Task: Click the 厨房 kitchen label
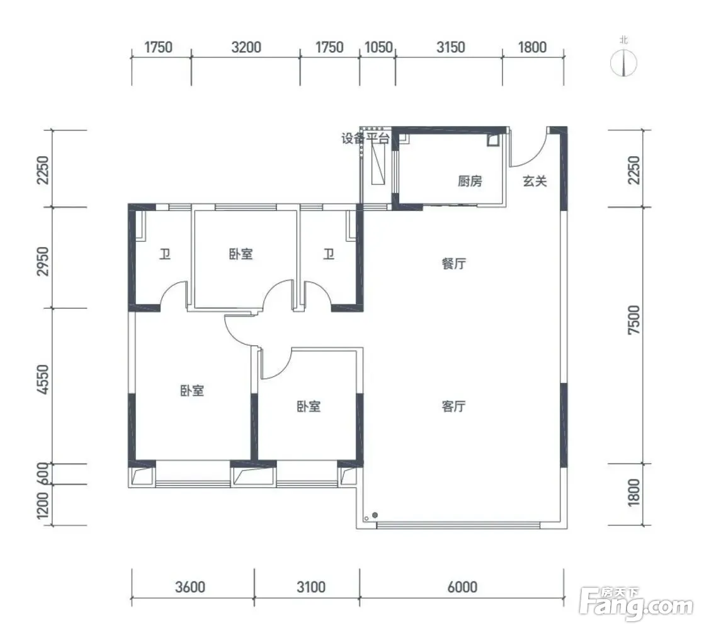pyautogui.click(x=470, y=181)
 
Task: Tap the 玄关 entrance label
pyautogui.click(x=535, y=181)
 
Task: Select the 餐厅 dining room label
pyautogui.click(x=453, y=263)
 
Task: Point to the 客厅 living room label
pyautogui.click(x=453, y=406)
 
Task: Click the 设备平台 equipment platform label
pyautogui.click(x=365, y=138)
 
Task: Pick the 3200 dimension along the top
pyautogui.click(x=246, y=47)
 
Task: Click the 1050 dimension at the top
pyautogui.click(x=378, y=47)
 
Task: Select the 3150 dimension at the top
pyautogui.click(x=451, y=47)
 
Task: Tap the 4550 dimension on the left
pyautogui.click(x=43, y=380)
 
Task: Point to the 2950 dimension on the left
pyautogui.click(x=43, y=261)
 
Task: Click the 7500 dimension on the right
pyautogui.click(x=633, y=319)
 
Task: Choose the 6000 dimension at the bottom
pyautogui.click(x=462, y=587)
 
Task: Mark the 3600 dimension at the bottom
pyautogui.click(x=190, y=587)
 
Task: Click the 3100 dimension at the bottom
pyautogui.click(x=311, y=587)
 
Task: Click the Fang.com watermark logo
pyautogui.click(x=636, y=604)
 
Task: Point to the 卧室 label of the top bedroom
pyautogui.click(x=241, y=254)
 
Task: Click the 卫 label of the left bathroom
pyautogui.click(x=165, y=255)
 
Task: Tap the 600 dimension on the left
pyautogui.click(x=43, y=474)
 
